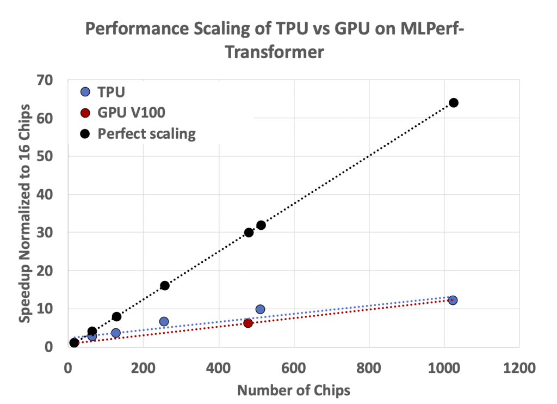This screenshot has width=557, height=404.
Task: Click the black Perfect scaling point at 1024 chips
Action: click(453, 103)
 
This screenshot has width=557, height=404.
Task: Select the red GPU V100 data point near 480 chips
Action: click(248, 323)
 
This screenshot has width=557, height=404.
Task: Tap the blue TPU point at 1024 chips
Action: click(453, 300)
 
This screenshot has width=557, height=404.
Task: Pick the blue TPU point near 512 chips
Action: click(260, 309)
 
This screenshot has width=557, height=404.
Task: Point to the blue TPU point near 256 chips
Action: click(164, 321)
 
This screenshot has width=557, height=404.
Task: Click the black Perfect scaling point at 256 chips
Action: click(164, 285)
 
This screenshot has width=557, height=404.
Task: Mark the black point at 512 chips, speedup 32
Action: click(261, 225)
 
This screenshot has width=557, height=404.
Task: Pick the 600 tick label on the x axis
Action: click(294, 369)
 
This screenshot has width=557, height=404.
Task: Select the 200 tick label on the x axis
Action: click(143, 369)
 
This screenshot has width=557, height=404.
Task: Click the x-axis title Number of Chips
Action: click(294, 390)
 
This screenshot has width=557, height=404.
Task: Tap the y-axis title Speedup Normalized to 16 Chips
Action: click(24, 212)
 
